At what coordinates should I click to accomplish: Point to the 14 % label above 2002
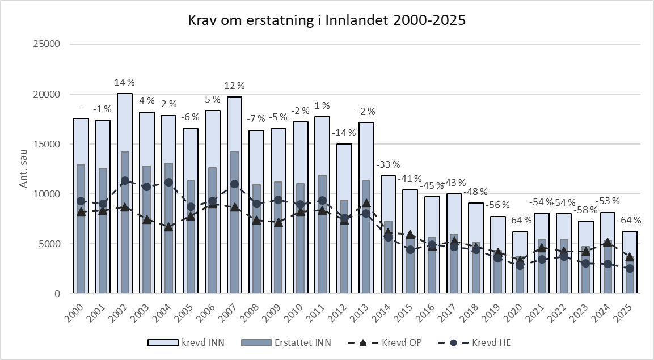pyautogui.click(x=125, y=83)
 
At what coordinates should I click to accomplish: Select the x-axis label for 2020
pyautogui.click(x=518, y=311)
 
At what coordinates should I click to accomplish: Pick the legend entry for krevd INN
pyautogui.click(x=204, y=343)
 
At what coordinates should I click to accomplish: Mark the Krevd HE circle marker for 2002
pyautogui.click(x=125, y=181)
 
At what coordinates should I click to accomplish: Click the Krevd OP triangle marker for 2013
pyautogui.click(x=367, y=203)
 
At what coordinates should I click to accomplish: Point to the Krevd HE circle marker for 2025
pyautogui.click(x=630, y=269)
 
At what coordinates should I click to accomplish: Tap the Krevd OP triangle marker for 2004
pyautogui.click(x=168, y=227)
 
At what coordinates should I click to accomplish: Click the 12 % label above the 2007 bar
pyautogui.click(x=234, y=86)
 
